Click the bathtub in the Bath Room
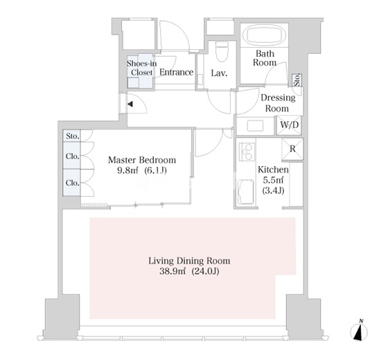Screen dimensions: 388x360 [x=265, y=36]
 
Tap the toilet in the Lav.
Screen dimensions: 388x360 [x=222, y=51]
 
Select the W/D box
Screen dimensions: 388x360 [x=289, y=125]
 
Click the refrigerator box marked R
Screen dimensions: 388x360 [x=292, y=149]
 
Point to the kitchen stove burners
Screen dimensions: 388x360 [x=247, y=152]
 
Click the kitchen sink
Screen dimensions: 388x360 [x=245, y=192]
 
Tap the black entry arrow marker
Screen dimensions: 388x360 [x=130, y=104]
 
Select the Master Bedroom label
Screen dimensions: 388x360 [x=142, y=160]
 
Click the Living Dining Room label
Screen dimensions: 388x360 [x=189, y=261]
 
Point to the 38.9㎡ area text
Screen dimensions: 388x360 [x=173, y=271]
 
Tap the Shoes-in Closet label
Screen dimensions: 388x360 [x=142, y=68]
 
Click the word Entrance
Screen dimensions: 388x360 [x=176, y=72]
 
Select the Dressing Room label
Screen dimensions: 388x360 [x=278, y=103]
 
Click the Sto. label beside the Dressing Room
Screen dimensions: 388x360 [x=297, y=80]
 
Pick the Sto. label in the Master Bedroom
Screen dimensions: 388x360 [x=73, y=136]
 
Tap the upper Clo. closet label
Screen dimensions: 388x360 [x=73, y=156]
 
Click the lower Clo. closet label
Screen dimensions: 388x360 [x=73, y=183]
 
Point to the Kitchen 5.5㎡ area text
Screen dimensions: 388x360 [x=273, y=180]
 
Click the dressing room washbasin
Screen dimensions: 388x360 [x=255, y=125]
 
